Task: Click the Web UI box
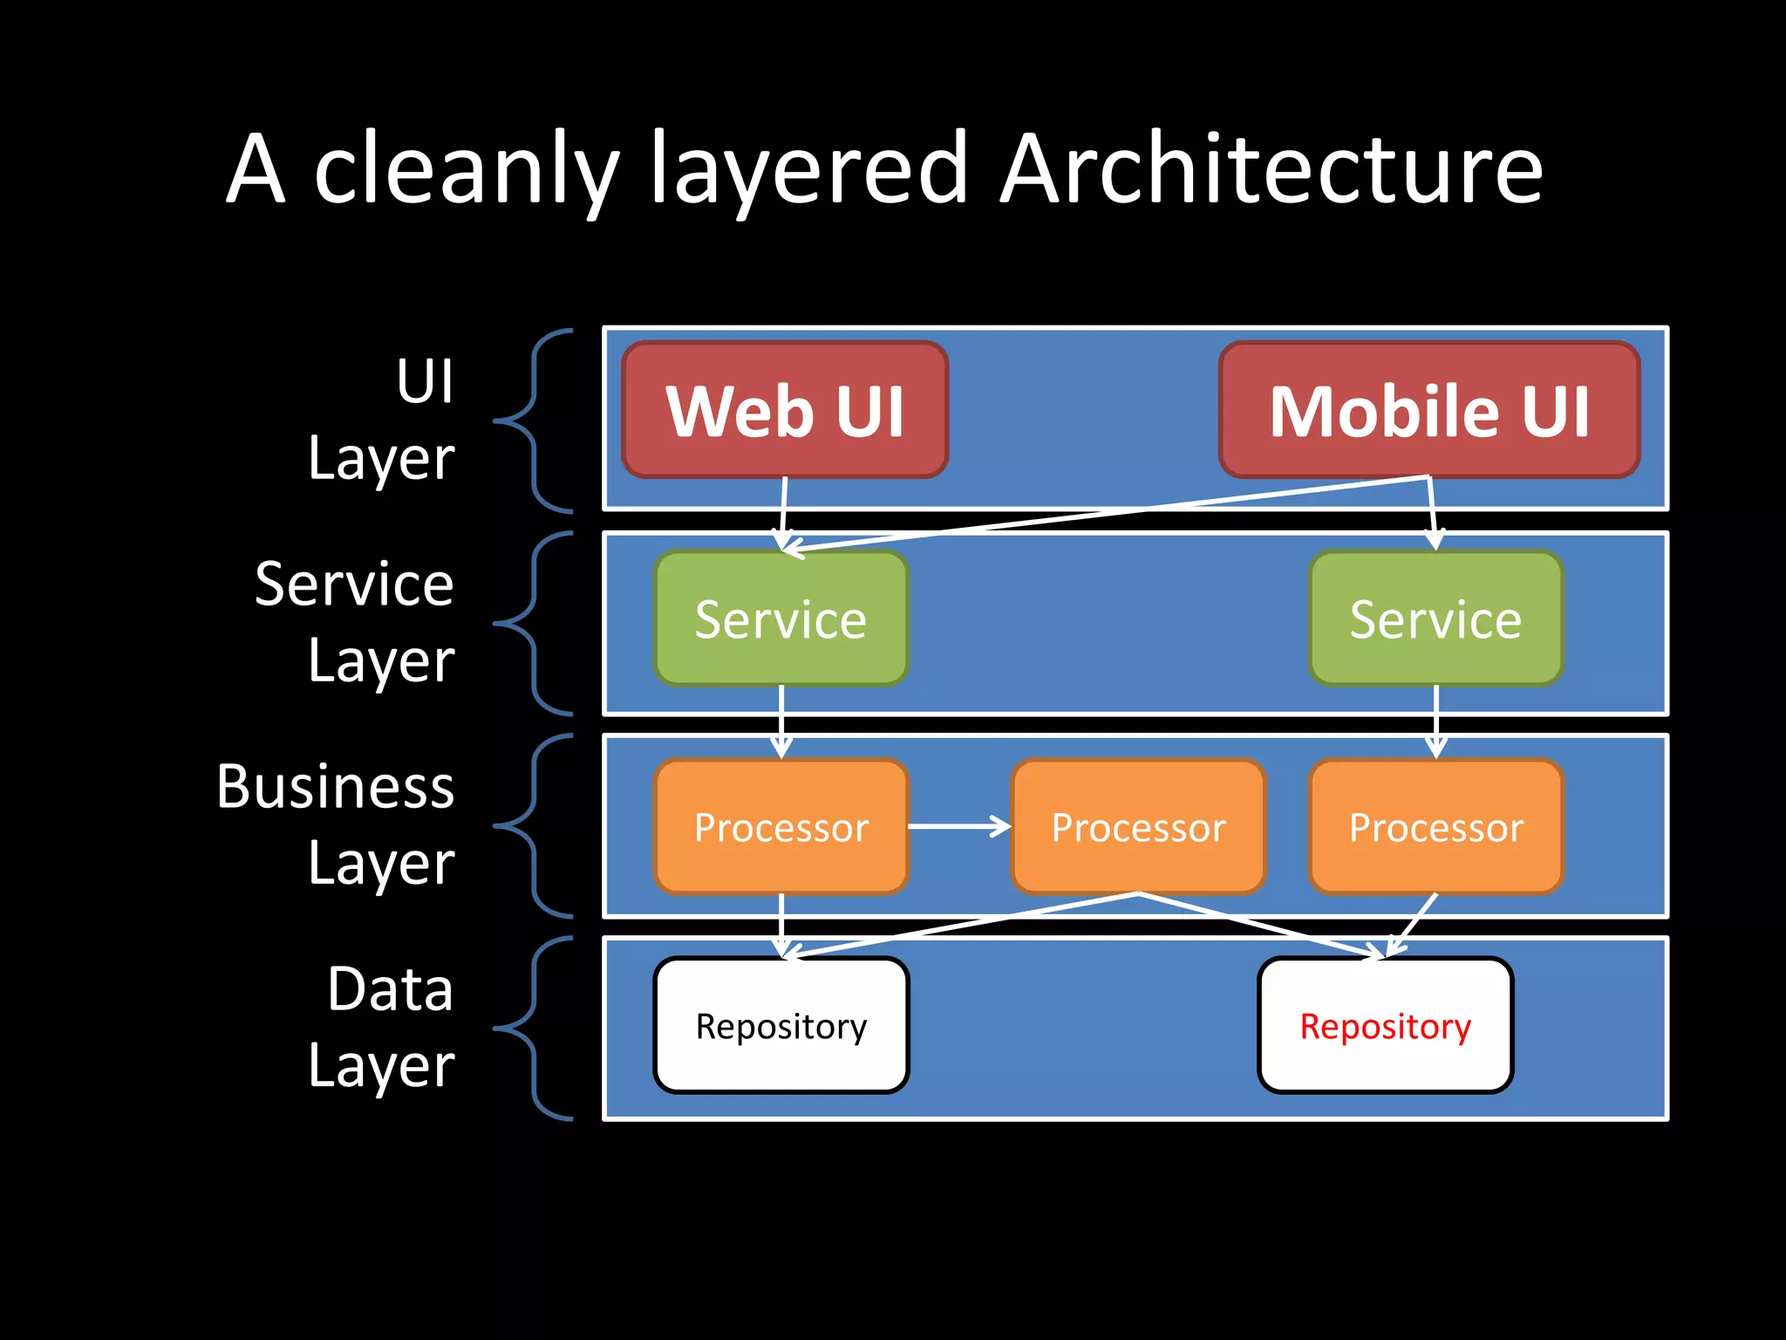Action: coord(785,410)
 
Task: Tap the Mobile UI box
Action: coord(1429,410)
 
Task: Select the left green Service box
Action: coord(781,619)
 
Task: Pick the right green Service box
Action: coord(1436,619)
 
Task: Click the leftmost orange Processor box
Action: coord(781,826)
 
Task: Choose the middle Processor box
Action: coord(1138,826)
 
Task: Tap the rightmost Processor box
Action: coord(1436,826)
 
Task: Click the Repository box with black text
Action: coord(781,1025)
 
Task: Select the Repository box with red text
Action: coord(1386,1025)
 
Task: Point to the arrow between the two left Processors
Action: coord(959,825)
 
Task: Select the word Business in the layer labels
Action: coord(336,786)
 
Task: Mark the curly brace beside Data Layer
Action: coord(533,1029)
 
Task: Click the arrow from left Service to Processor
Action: coord(781,721)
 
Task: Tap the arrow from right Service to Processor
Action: coord(1436,721)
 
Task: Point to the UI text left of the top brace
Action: coord(425,381)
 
